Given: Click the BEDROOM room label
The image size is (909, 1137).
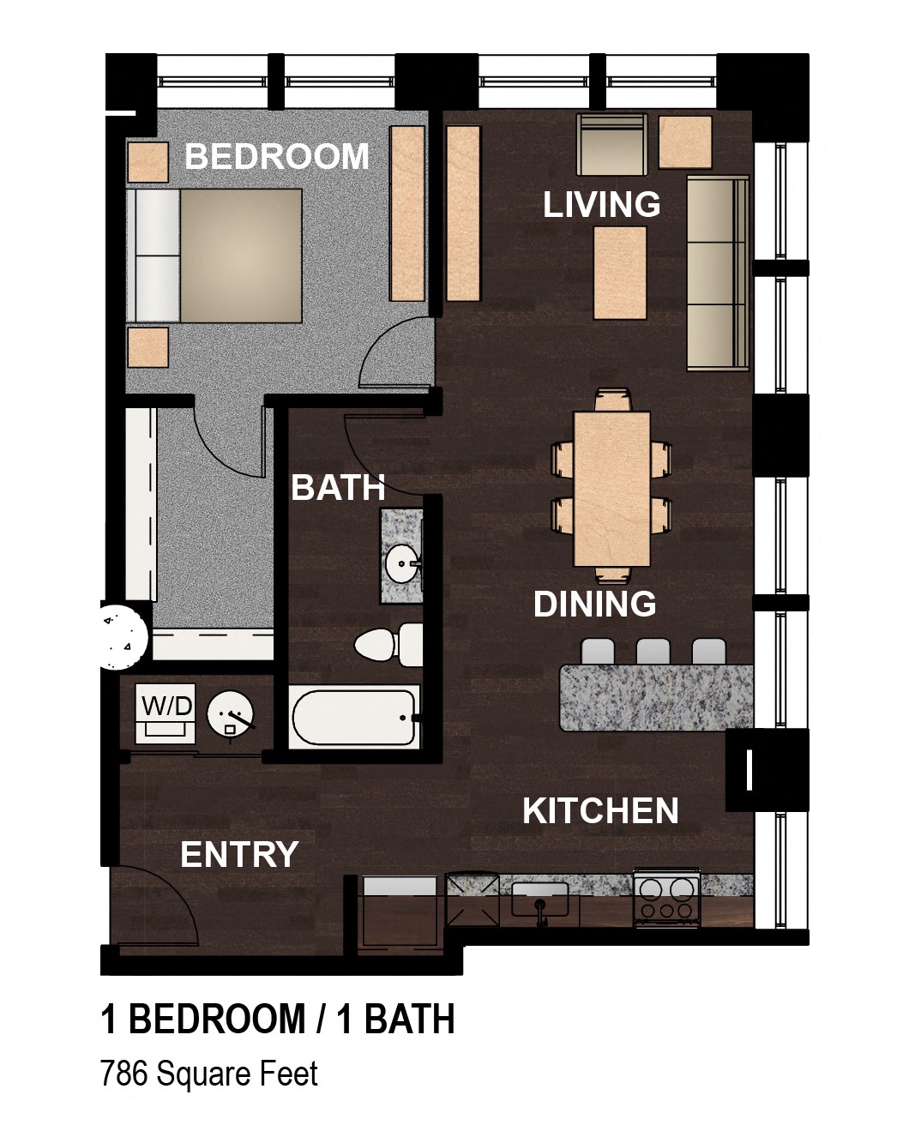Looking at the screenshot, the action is point(276,156).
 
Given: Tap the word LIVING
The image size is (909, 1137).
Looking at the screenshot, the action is point(601,204).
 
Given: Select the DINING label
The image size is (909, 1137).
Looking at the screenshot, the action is point(594,604).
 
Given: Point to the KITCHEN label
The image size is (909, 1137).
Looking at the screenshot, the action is point(600,810).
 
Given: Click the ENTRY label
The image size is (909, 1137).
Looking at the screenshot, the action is point(239,854).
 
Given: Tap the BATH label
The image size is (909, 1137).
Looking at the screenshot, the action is point(338,487).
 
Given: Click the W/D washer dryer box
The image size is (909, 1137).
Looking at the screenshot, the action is point(166,713).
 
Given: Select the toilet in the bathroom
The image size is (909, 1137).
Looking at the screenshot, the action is point(388,644).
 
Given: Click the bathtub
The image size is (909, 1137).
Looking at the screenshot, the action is point(354,717).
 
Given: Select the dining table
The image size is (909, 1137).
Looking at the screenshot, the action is point(612,489).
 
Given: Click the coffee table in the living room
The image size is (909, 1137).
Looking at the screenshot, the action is point(621,273).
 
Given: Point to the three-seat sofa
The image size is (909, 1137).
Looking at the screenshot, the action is point(719,274).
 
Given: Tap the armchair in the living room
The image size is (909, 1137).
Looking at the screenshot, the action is point(612,144).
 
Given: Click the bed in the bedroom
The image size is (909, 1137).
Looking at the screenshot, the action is point(214,256).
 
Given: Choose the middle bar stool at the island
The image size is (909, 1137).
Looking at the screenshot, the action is point(653,652).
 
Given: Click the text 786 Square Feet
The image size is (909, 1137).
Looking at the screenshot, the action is point(209,1074).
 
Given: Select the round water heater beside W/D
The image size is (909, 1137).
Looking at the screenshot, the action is point(230,714).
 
